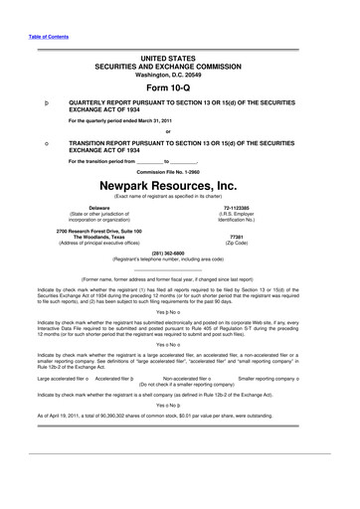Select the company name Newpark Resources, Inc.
point(180,185)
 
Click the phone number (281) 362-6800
point(179,253)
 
